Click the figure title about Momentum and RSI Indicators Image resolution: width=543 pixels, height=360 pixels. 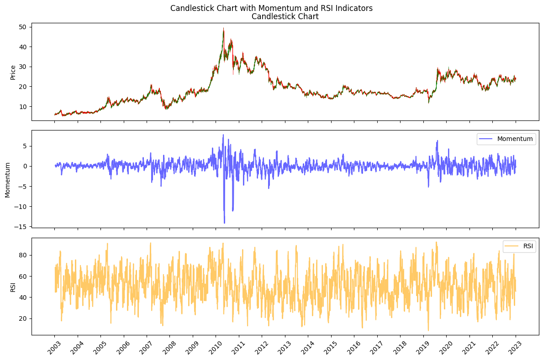271,8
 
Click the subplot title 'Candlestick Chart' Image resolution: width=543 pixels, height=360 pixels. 285,17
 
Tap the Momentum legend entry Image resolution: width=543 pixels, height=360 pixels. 506,139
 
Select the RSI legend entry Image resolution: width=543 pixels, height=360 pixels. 519,247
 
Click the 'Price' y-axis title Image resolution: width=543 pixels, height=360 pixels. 13,73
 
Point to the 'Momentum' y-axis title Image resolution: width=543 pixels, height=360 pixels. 8,179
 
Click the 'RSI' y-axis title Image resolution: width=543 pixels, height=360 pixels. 13,287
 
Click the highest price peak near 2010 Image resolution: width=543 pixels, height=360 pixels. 223,28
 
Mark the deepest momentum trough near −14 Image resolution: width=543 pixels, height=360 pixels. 224,223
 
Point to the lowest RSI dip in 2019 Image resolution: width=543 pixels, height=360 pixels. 428,330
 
